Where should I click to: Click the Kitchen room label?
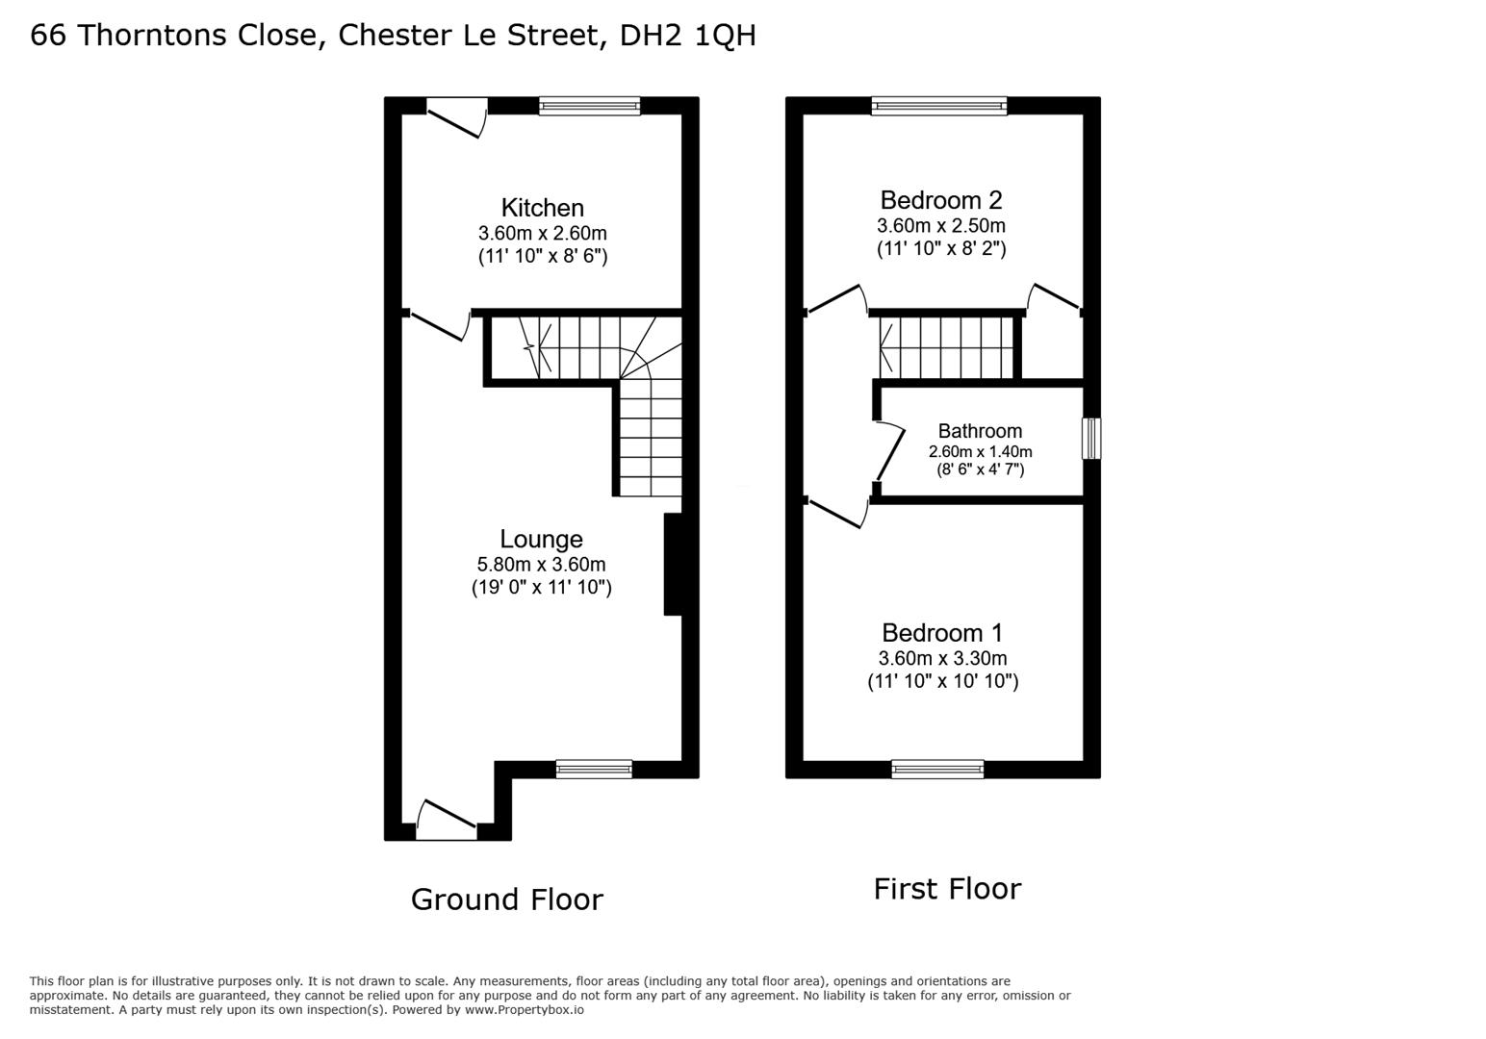pos(542,208)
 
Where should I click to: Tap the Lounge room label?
pos(541,539)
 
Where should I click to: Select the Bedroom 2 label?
pos(940,199)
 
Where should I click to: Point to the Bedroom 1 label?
pos(942,633)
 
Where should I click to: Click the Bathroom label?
pos(980,431)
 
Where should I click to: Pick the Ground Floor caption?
pos(507,900)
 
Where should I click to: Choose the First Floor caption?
pos(947,889)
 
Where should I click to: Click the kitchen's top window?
pos(590,106)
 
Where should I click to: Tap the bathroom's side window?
pos(1091,439)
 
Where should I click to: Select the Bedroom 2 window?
pos(939,106)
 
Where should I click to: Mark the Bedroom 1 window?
pos(938,769)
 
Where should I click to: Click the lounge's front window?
pos(595,769)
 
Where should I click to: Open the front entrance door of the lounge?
pos(447,821)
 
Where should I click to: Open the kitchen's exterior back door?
pos(456,118)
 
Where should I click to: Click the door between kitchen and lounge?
pos(438,325)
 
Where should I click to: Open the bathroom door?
pos(889,453)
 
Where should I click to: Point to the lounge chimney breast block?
pos(673,565)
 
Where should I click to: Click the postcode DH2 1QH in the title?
pos(688,36)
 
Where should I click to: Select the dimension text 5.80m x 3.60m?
pos(541,565)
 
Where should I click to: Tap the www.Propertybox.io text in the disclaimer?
pos(525,1010)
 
